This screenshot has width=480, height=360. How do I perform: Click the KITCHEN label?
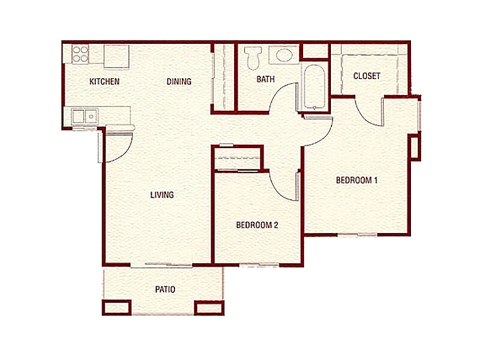104,82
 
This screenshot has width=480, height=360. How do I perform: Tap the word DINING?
179,82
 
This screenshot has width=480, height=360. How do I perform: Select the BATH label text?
266,79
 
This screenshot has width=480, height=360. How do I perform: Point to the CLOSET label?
367,76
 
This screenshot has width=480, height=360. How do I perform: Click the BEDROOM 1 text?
356,181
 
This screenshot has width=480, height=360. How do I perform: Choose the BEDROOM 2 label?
257,225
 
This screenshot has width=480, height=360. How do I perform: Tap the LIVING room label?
162,194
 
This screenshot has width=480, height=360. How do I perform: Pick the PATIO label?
165,289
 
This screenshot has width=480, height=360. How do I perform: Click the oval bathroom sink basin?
283,56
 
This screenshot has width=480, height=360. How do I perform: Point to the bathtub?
314,88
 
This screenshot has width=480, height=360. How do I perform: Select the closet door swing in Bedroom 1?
367,111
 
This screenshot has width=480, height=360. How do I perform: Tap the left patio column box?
116,307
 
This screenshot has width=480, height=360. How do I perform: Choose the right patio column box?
209,307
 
